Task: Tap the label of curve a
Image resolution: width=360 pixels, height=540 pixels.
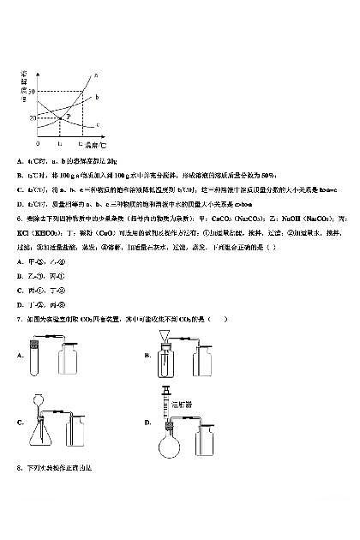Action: point(95,76)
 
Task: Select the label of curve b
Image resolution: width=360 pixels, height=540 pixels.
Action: point(97,98)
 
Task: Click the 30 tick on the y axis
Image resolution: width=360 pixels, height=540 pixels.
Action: point(32,91)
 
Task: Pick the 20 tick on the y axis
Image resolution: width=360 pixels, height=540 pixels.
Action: point(33,117)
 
